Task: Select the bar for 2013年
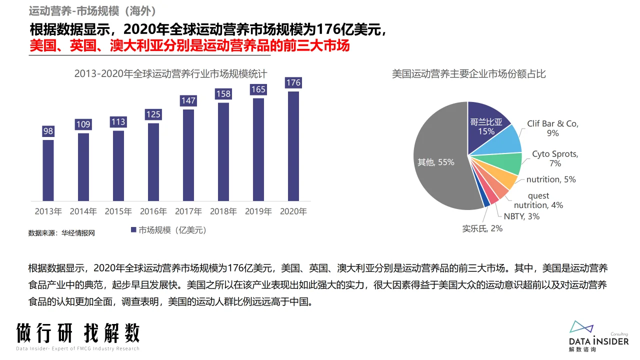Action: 48,170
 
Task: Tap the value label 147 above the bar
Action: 188,100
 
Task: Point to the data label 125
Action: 153,114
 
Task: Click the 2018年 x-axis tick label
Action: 223,211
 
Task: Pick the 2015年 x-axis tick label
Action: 118,211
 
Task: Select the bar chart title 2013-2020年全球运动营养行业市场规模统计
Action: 170,74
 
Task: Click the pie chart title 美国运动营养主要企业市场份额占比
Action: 468,74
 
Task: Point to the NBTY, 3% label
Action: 521,216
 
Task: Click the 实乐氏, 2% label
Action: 482,228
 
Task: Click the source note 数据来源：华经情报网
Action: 61,233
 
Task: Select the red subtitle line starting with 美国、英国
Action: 189,45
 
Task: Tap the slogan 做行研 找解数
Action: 78,332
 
